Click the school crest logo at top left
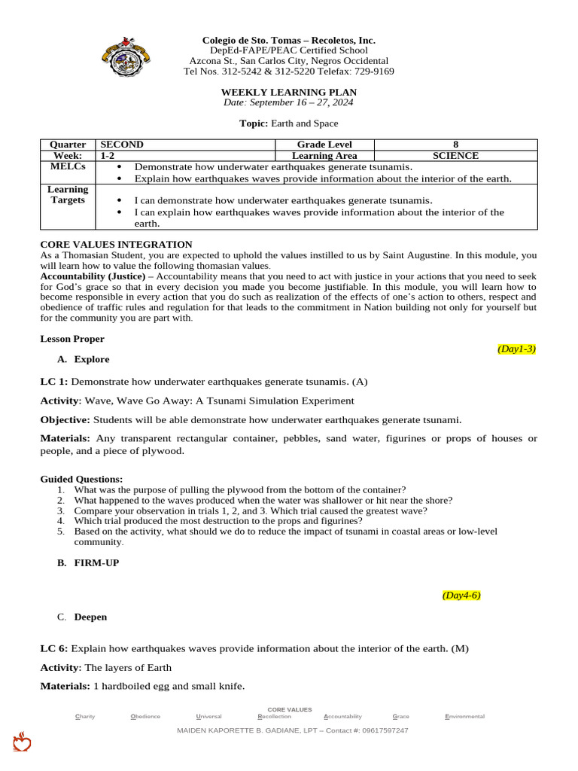coord(125,56)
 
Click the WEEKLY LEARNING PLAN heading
coord(288,92)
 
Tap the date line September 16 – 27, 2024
coord(288,102)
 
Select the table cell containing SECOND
coord(122,145)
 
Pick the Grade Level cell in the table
coord(324,145)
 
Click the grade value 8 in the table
coord(455,145)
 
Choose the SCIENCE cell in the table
coord(455,156)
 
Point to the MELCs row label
coord(68,166)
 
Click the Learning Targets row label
coord(68,195)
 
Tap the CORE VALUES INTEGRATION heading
coord(116,245)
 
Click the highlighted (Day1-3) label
coord(516,349)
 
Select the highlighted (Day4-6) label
coord(461,595)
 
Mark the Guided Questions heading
coord(81,479)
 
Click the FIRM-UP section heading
coord(96,562)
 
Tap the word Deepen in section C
coord(90,617)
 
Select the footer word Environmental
coord(464,717)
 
